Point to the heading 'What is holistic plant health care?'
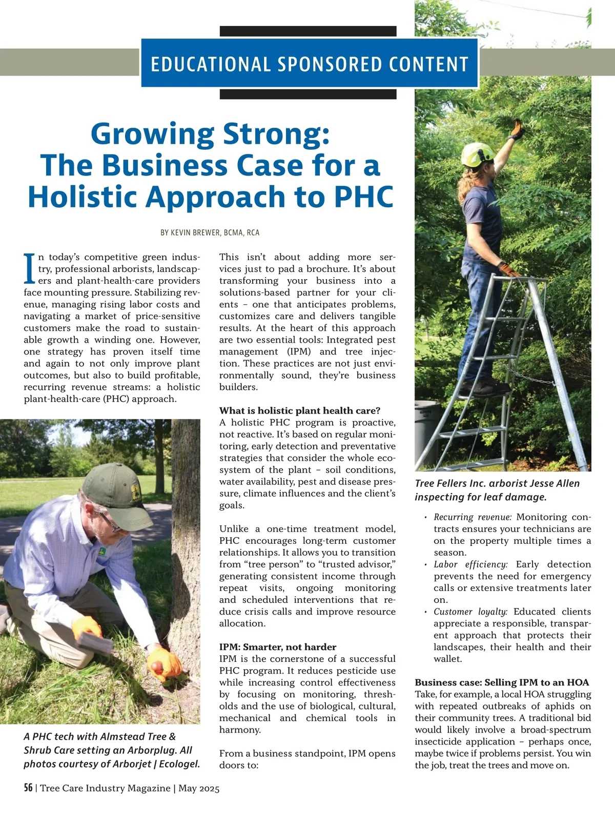coord(300,410)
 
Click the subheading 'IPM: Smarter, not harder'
coord(278,647)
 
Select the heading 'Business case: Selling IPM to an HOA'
coord(502,682)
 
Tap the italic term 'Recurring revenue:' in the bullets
coord(473,517)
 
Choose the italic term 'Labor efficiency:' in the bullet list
coord(470,564)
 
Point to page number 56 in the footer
coord(28,788)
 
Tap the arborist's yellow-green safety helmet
coord(477,154)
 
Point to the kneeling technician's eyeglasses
coord(109,521)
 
